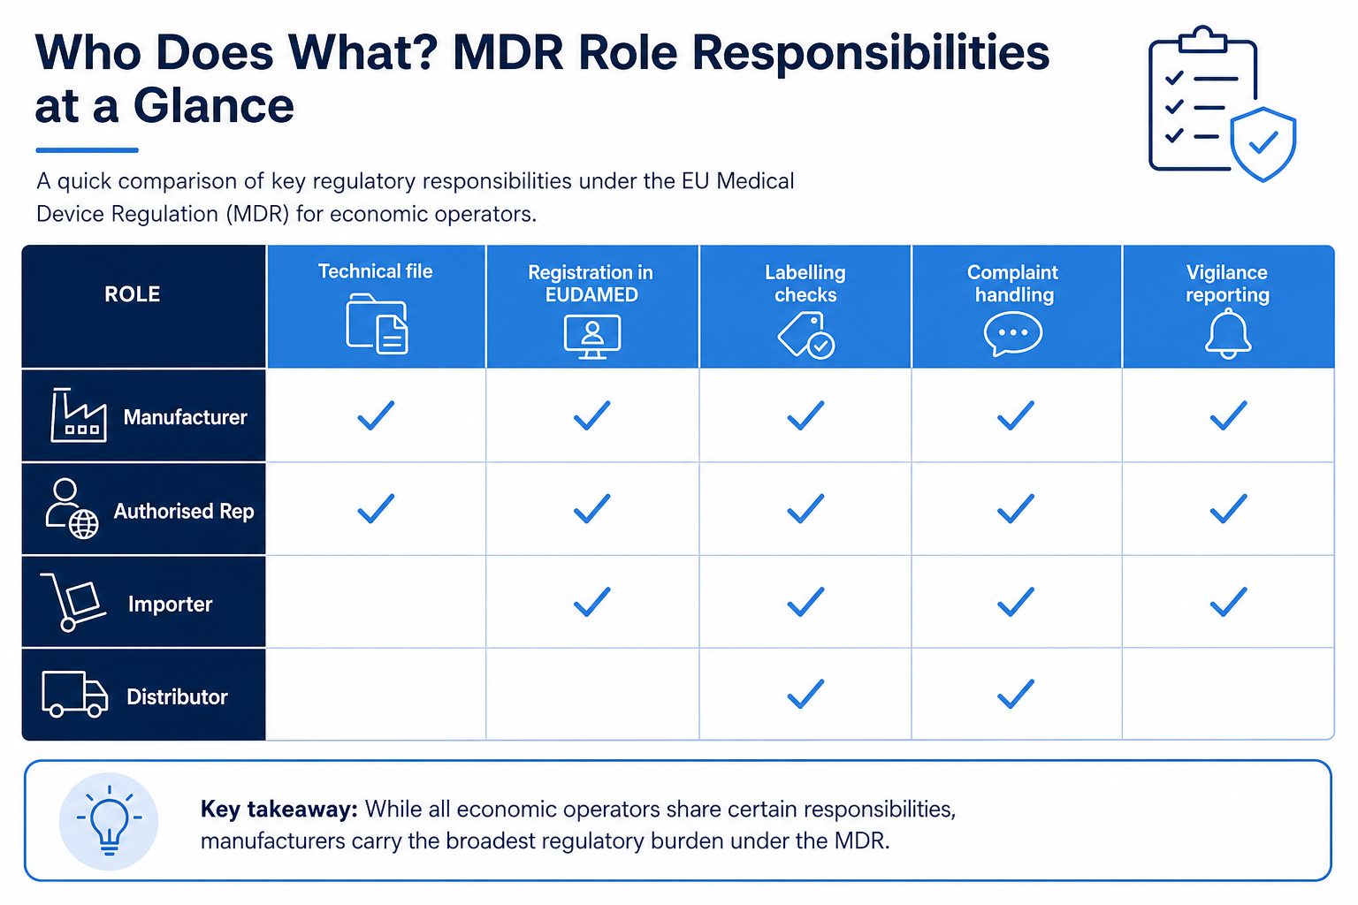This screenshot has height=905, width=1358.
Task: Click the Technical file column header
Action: coord(375,271)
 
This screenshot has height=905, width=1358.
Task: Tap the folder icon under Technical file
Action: coord(377,323)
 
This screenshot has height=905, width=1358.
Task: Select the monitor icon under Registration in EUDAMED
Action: coord(591,337)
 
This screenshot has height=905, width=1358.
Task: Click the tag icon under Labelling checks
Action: coord(805,335)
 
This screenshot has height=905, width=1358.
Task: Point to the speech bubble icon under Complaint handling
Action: coord(1012,334)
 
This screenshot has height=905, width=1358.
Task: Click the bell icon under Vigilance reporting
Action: coord(1228,333)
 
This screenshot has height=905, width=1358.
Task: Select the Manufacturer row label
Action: coord(185,417)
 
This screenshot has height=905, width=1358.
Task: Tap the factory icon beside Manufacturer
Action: coord(78,415)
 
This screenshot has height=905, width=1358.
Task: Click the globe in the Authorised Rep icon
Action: coord(84,524)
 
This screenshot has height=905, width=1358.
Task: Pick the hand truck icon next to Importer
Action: coord(73,602)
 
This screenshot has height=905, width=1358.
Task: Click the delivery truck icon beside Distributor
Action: coord(74,694)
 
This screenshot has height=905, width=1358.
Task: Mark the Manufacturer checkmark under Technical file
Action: coord(376,416)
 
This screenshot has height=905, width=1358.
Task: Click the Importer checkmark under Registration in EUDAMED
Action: coord(591,602)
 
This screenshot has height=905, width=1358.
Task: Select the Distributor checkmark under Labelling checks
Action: coord(805,694)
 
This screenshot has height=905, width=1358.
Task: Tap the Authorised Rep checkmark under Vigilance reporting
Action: coord(1228,508)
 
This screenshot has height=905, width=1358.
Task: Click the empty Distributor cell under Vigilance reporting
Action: coord(1228,694)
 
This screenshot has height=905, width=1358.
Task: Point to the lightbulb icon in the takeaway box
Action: coord(109,821)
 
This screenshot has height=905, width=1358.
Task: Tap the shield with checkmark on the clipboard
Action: coord(1263,144)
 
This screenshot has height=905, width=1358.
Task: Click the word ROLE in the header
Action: coord(132,294)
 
